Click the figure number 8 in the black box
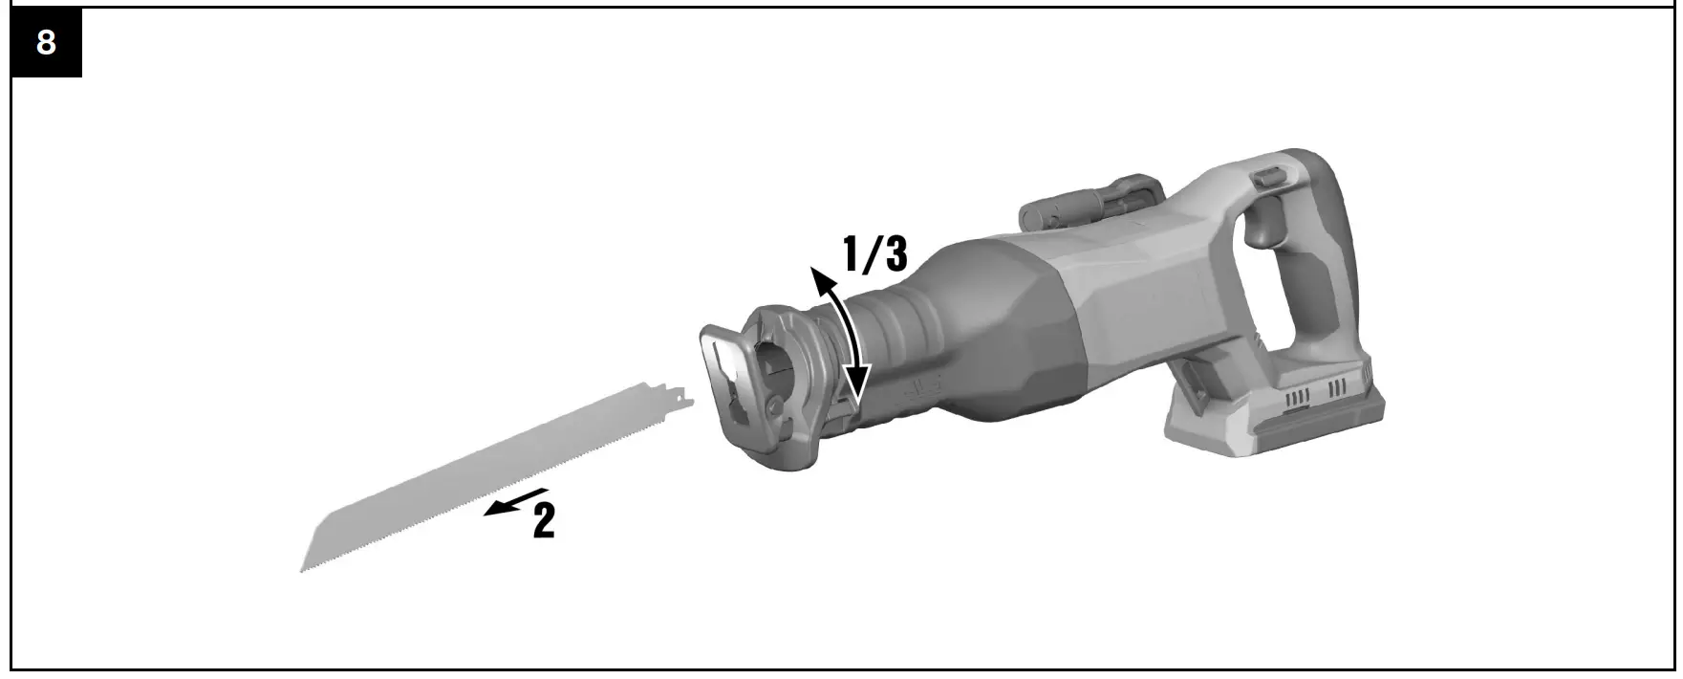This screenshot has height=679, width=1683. click(x=45, y=43)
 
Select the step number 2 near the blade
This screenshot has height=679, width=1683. click(x=543, y=520)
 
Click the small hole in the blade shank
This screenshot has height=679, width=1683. click(x=676, y=395)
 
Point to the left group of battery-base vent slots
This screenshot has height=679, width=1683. click(x=1298, y=396)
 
